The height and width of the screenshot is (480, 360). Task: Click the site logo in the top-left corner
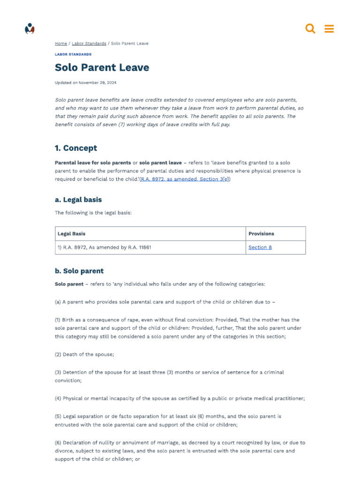coord(30,29)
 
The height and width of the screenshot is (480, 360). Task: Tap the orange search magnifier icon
coord(310,29)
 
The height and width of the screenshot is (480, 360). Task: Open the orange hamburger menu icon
coord(329,29)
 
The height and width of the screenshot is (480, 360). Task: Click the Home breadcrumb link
coord(61,44)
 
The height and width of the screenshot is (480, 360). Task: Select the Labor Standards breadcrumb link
coord(89,44)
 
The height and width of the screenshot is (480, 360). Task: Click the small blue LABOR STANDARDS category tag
coord(73,54)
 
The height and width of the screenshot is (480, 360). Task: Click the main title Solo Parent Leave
coord(102,67)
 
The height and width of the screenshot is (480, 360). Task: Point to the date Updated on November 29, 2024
coord(86,83)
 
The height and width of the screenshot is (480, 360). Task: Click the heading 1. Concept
coord(76,148)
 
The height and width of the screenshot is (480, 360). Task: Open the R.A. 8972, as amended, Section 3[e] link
coord(185,179)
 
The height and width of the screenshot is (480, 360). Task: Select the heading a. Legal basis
coord(78,200)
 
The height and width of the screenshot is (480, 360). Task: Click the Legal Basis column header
coord(72,233)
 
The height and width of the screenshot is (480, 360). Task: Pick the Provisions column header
coord(261,233)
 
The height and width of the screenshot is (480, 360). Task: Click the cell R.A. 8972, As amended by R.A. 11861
coord(104,247)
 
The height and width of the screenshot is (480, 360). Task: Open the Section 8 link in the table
coord(260,247)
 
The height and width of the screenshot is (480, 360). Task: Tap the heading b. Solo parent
coord(79,271)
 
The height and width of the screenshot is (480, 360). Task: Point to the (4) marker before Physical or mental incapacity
coord(58,398)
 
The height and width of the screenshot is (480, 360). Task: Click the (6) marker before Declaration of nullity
coord(58,442)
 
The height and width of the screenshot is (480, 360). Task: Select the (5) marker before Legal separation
coord(58,416)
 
